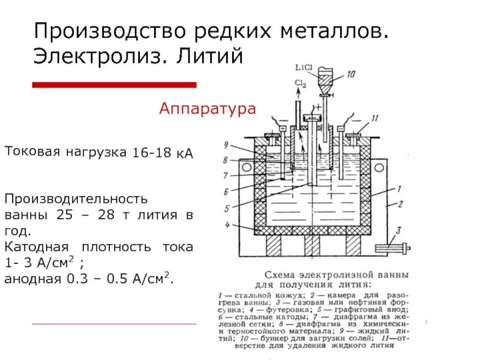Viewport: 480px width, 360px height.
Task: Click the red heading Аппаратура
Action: (x=208, y=109)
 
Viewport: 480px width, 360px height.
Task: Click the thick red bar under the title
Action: (x=114, y=85)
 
